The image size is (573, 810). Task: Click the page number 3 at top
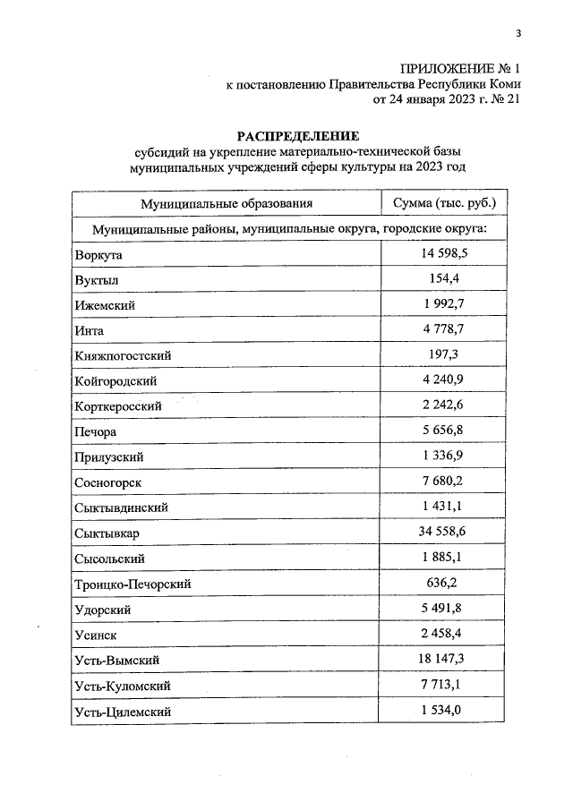tap(517, 34)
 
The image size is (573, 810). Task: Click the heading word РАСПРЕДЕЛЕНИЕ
tap(297, 136)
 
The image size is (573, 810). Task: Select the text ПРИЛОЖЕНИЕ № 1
tap(458, 68)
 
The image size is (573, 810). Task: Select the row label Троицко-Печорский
tap(133, 584)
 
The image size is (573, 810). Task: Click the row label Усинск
tap(97, 635)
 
